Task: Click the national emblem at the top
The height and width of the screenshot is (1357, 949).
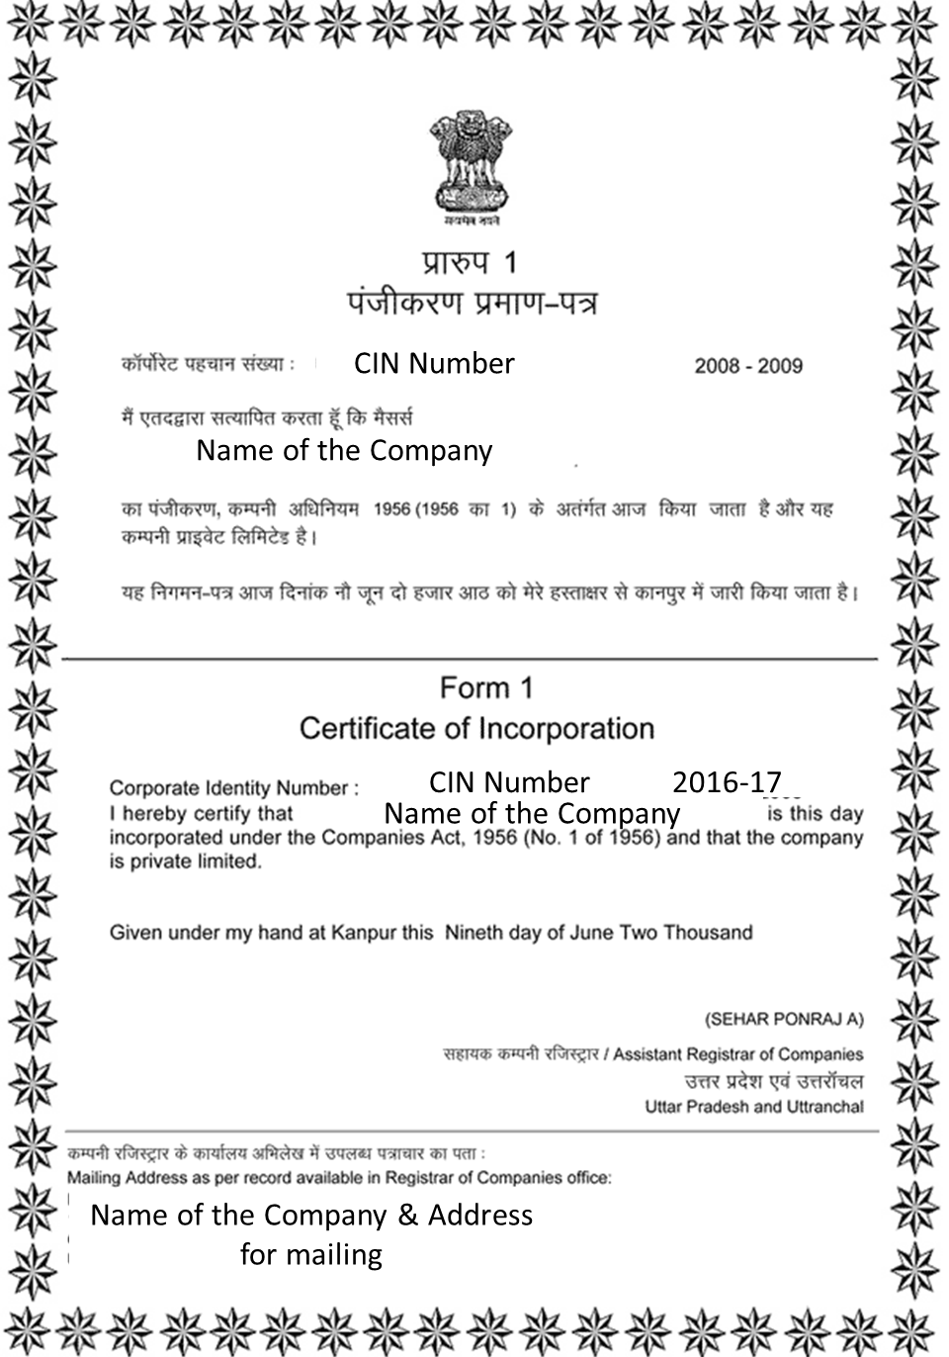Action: click(471, 164)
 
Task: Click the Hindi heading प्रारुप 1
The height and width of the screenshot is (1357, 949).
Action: click(471, 262)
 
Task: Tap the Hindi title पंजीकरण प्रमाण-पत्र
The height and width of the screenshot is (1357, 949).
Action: click(472, 303)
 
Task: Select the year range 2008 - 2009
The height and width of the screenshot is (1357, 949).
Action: click(748, 366)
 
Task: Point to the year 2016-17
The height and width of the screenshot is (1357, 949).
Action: click(727, 782)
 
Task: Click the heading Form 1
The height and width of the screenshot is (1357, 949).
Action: click(486, 687)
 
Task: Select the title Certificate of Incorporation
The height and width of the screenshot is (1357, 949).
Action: click(476, 729)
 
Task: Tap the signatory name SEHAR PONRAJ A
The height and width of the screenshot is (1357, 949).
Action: click(784, 1019)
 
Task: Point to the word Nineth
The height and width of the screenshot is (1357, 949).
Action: click(474, 933)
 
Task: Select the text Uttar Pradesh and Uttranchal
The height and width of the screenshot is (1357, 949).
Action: click(754, 1107)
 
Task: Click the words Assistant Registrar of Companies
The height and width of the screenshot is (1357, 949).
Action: click(737, 1054)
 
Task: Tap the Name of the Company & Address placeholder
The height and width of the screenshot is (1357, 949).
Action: click(311, 1215)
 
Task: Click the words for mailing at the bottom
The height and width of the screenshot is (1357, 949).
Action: click(311, 1254)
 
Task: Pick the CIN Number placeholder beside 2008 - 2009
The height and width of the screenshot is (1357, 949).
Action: click(434, 363)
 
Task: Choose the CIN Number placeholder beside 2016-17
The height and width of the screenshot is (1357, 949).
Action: click(509, 782)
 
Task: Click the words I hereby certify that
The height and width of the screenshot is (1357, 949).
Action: click(202, 814)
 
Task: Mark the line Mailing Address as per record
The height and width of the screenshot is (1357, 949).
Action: click(339, 1178)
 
